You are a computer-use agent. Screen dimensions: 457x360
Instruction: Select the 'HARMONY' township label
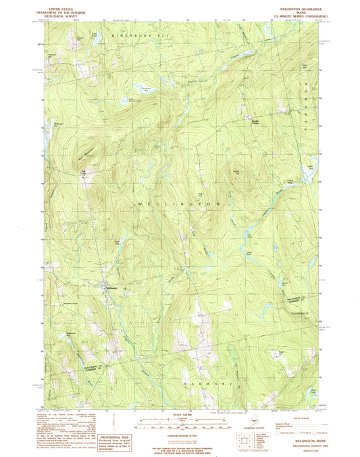click(x=209, y=383)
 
